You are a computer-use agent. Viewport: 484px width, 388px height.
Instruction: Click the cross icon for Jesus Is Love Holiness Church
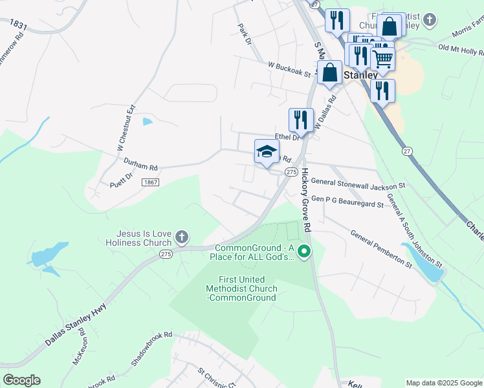click(x=182, y=237)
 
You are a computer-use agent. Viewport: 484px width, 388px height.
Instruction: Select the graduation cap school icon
click(x=267, y=153)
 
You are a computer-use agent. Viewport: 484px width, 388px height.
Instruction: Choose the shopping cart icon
click(x=382, y=58)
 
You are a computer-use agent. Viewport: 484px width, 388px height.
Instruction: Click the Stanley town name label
click(x=360, y=75)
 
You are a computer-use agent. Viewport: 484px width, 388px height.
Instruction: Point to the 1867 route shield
click(x=151, y=183)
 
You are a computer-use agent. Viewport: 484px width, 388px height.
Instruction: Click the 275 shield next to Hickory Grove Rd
click(x=291, y=172)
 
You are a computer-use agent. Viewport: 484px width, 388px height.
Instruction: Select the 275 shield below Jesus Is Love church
click(x=166, y=255)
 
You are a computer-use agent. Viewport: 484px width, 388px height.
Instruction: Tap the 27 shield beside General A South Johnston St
click(x=406, y=151)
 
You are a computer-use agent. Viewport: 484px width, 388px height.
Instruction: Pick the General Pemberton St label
click(x=381, y=248)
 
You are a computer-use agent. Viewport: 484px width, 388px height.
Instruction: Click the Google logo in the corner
click(x=21, y=380)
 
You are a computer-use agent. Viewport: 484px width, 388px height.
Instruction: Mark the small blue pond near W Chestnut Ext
click(x=148, y=121)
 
